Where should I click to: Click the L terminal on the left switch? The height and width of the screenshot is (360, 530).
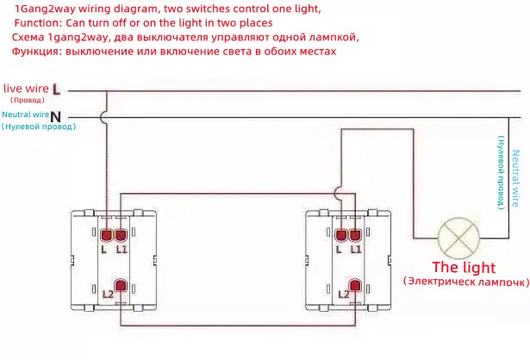106,235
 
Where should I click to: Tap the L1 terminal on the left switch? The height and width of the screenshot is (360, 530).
121,235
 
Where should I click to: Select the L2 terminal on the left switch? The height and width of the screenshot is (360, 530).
121,285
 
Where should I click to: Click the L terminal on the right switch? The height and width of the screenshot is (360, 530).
341,235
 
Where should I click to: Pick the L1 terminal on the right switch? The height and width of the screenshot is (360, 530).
355,235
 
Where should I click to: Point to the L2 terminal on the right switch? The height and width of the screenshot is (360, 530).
355,285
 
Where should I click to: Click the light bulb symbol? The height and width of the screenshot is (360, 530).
458,238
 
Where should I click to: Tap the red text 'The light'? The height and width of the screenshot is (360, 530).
464,268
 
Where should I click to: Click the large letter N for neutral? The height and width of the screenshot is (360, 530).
56,117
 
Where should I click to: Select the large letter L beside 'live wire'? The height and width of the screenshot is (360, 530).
56,90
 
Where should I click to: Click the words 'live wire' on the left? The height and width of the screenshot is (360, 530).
26,89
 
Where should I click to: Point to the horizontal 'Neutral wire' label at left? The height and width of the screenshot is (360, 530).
26,115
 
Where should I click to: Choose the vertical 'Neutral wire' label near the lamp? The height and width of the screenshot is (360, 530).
514,178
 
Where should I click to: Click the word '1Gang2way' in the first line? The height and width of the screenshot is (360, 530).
45,9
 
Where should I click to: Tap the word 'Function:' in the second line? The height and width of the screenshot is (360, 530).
38,23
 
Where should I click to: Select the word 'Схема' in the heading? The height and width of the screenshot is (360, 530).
28,37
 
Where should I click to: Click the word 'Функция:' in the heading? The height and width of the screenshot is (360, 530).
36,52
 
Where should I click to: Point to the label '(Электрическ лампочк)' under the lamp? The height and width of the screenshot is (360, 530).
466,282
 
